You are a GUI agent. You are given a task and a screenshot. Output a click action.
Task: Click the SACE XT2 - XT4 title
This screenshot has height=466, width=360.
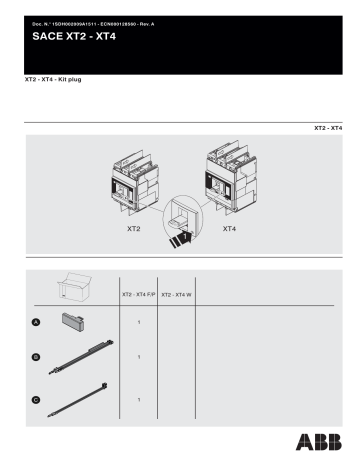coord(71,36)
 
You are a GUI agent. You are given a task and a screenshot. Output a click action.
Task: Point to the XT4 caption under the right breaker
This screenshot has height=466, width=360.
coord(229,229)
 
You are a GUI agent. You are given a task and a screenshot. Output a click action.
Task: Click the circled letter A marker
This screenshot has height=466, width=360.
coord(37,322)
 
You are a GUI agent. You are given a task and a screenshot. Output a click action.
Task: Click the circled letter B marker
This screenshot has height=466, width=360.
coord(37,357)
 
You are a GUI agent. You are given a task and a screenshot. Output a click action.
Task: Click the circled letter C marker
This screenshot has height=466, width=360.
coord(37,400)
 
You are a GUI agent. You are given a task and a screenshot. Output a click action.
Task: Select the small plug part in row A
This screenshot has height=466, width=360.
coord(76,319)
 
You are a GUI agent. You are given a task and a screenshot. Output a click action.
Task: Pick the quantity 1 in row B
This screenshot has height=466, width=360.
coord(137,357)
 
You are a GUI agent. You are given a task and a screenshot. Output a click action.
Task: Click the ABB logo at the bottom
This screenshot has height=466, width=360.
coord(317,442)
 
